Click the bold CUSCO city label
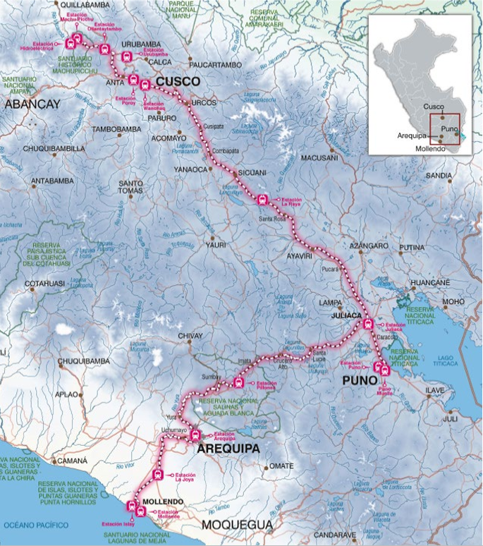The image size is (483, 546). coord(178,83)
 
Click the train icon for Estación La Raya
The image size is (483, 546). coord(263,200)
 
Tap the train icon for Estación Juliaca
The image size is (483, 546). coord(367,324)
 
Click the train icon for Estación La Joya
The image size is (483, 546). coord(158,475)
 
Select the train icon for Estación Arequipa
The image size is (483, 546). coord(195,435)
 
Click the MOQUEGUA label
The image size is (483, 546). coord(236,525)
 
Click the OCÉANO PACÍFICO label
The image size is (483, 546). coord(35,526)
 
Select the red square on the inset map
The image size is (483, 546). coord(444,129)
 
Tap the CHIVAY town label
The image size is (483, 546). coord(190,336)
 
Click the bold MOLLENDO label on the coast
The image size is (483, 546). coord(162,502)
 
